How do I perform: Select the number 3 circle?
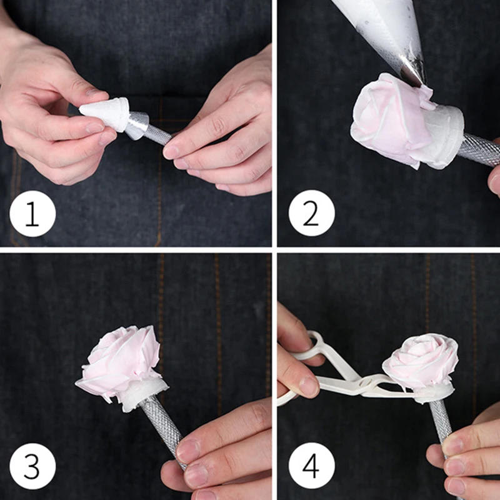(x=32, y=466)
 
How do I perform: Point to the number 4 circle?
(x=311, y=466)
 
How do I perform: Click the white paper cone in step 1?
(x=105, y=113)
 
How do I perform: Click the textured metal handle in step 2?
(x=481, y=150)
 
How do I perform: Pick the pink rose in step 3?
(x=122, y=362)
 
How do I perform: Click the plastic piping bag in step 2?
(x=381, y=25)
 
